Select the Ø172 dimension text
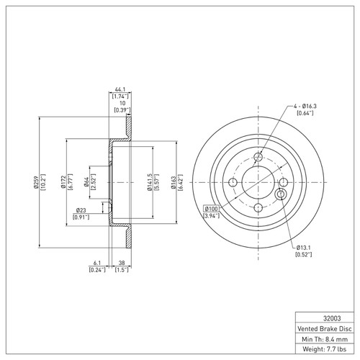point(63,184)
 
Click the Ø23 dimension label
point(81,210)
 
